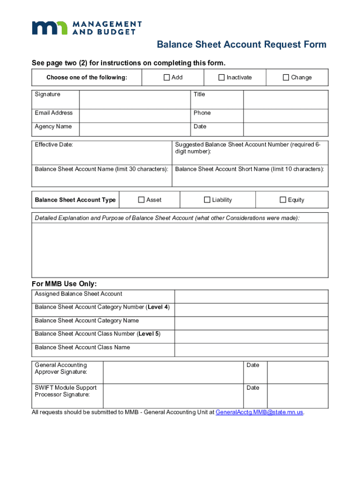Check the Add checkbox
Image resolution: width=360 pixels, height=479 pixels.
(x=166, y=78)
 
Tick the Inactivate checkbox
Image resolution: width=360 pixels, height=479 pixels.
(x=222, y=78)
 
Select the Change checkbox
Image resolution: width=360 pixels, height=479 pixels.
(x=286, y=78)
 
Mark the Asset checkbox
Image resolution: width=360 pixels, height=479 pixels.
(x=141, y=200)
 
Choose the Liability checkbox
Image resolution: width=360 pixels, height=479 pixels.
(x=207, y=200)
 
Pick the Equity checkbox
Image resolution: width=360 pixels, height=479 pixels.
(x=283, y=200)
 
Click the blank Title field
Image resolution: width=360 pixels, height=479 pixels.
(x=285, y=99)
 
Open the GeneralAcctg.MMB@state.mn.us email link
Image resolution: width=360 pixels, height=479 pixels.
(x=259, y=413)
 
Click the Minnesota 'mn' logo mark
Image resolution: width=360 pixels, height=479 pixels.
(x=49, y=28)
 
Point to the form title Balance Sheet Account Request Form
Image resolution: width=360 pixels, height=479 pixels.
(x=241, y=45)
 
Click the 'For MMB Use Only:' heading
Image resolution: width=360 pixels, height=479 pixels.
(x=64, y=284)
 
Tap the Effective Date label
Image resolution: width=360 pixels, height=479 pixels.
(x=54, y=145)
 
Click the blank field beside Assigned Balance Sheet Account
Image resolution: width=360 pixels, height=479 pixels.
(x=251, y=296)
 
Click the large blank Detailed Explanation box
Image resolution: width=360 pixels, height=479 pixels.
(x=180, y=250)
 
